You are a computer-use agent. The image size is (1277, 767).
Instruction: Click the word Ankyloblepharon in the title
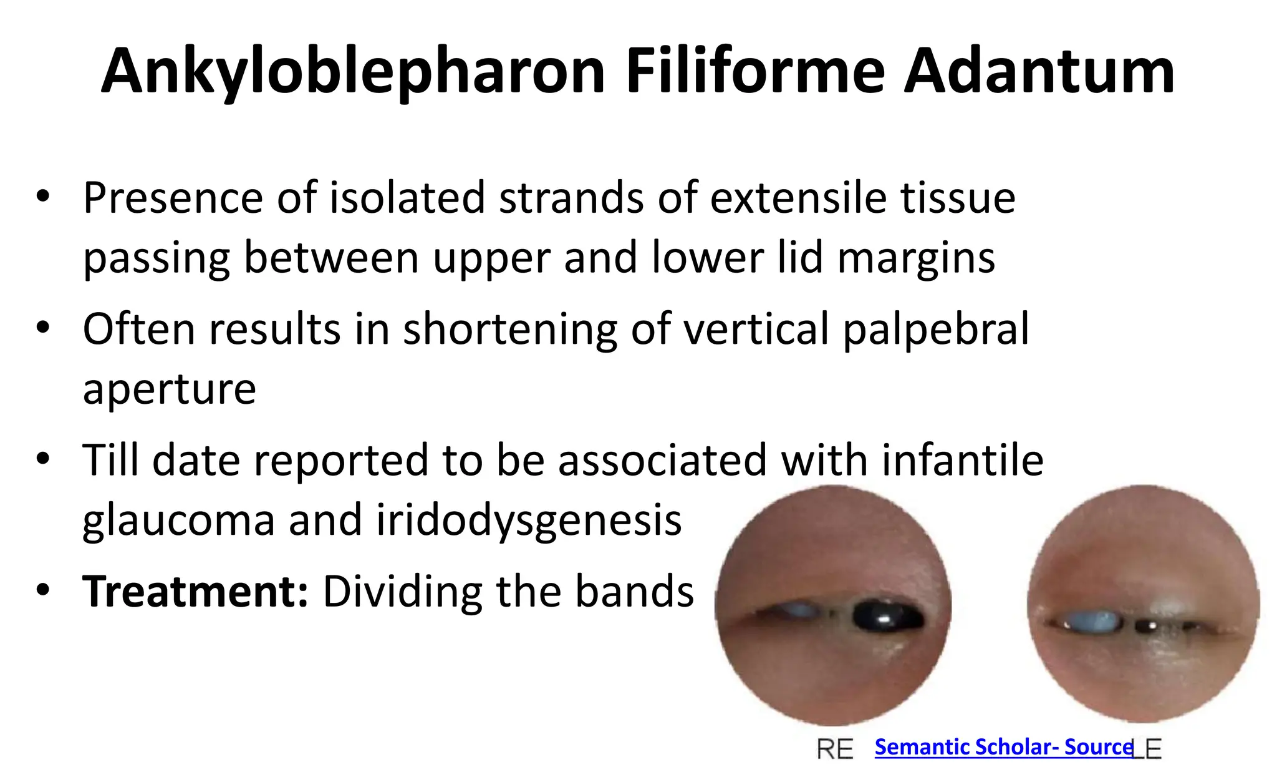tap(353, 72)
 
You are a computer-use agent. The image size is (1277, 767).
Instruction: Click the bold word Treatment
tap(195, 591)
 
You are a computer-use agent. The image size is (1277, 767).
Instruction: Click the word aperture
tap(169, 389)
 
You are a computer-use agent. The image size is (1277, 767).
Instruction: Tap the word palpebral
tap(935, 329)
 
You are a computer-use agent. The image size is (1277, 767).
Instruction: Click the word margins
tap(916, 258)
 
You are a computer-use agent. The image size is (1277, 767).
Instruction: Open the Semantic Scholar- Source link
tap(1003, 747)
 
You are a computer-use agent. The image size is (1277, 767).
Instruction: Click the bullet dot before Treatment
tap(42, 590)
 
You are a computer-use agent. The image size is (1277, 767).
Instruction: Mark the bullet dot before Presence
tap(42, 198)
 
